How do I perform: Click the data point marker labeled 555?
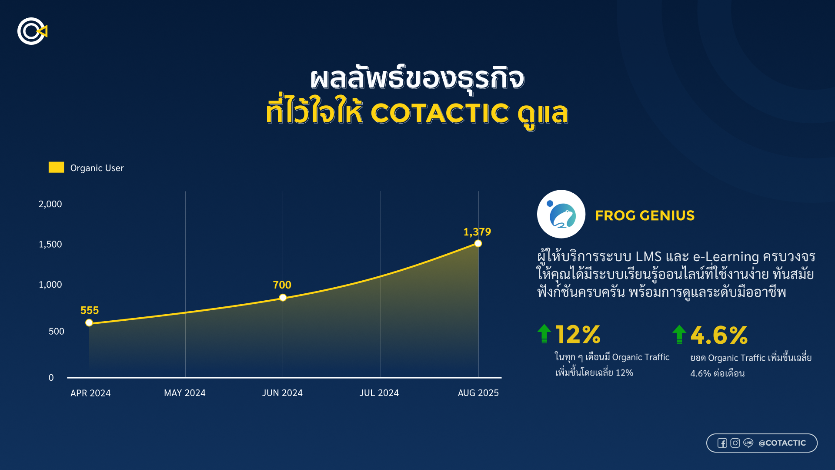[89, 323]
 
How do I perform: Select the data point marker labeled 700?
[283, 298]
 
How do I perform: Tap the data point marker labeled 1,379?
[478, 244]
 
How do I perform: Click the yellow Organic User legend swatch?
[56, 168]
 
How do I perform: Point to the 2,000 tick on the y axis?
[50, 204]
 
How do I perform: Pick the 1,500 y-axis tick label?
[50, 245]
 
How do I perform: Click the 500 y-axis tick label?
[57, 332]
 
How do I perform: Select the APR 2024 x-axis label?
[90, 393]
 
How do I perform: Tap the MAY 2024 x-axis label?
[185, 393]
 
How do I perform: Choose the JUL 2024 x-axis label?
[379, 393]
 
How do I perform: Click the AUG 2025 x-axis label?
[478, 393]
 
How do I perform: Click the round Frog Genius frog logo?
[561, 214]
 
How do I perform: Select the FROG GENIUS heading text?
[645, 215]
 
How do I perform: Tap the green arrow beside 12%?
[544, 334]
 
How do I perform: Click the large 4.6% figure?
[719, 335]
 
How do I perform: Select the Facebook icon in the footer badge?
[722, 443]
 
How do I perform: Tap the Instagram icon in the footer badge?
[735, 443]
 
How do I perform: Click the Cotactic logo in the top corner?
[32, 31]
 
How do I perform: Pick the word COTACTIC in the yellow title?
[440, 114]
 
